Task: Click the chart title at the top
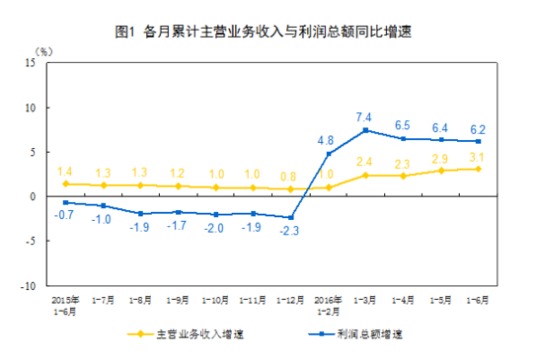(269, 30)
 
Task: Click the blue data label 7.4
(365, 115)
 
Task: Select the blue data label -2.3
(290, 231)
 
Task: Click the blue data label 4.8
(328, 140)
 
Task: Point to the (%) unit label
(44, 48)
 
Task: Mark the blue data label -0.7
(64, 215)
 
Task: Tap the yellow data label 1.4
(66, 171)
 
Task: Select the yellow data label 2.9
(440, 158)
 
